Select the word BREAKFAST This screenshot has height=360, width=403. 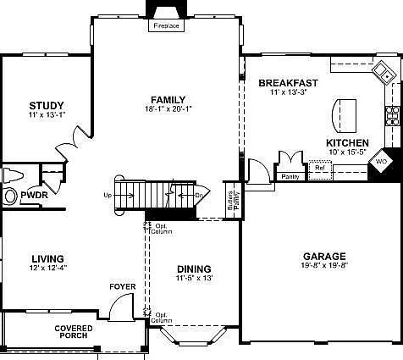[x=288, y=82]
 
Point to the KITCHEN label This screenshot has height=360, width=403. [x=347, y=143]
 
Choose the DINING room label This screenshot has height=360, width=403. [x=194, y=269]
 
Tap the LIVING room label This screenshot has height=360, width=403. [x=48, y=258]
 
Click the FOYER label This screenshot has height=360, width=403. [x=122, y=287]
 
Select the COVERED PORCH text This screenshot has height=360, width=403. [x=74, y=331]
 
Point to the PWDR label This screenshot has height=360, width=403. [x=35, y=195]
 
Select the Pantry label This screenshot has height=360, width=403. [x=290, y=176]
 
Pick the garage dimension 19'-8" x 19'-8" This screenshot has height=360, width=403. [x=324, y=265]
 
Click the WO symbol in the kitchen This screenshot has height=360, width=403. [x=381, y=160]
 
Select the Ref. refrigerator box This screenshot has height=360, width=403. [x=320, y=168]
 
